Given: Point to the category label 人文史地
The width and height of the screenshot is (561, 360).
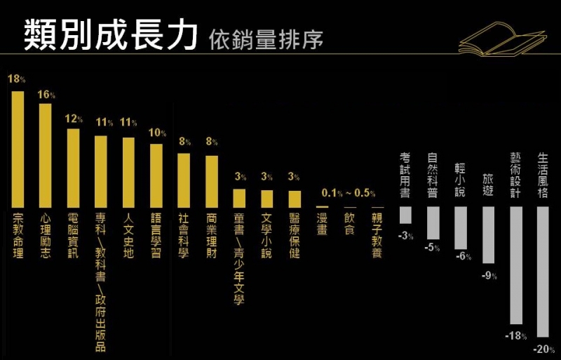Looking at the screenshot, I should point(128,236).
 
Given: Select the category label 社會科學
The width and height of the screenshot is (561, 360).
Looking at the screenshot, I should point(184,236).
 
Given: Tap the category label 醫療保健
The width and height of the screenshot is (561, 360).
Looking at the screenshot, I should point(295,236).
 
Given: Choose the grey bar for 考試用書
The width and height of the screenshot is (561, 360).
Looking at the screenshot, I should point(405,215).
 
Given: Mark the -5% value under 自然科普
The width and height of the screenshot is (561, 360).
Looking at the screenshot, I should point(432,248).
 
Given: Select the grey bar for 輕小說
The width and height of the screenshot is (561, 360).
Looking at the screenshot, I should point(461,228).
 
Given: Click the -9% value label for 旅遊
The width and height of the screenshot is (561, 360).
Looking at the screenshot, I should point(489,275).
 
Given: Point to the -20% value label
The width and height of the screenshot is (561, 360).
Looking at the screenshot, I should point(543,349).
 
